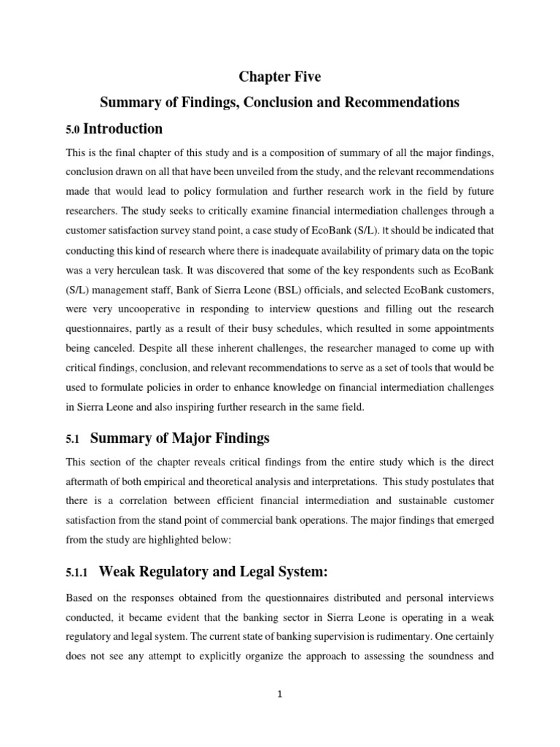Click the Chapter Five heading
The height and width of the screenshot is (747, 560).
[279, 77]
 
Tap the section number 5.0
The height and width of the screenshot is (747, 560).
[73, 131]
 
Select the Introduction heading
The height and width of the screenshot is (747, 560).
[123, 129]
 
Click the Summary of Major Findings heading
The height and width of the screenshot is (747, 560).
[179, 438]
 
